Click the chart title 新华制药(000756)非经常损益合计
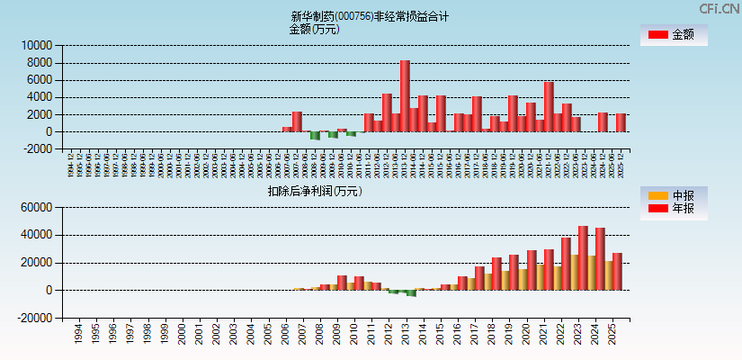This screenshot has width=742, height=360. [370, 16]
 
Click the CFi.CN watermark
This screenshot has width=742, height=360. [719, 8]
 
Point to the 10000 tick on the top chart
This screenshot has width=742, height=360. [37, 45]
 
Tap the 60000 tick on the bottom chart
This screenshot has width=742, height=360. [37, 208]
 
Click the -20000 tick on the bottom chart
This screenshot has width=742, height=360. [34, 318]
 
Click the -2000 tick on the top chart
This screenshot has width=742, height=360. [37, 149]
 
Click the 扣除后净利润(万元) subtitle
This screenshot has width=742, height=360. [315, 191]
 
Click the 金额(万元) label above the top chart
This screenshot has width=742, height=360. [314, 29]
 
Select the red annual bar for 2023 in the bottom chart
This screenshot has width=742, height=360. [583, 258]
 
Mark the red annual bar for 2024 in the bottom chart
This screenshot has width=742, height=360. [600, 259]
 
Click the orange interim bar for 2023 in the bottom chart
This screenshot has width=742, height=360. [574, 273]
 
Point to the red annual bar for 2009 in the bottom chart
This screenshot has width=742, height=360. [342, 283]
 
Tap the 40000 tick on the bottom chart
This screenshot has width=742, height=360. [37, 235]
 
